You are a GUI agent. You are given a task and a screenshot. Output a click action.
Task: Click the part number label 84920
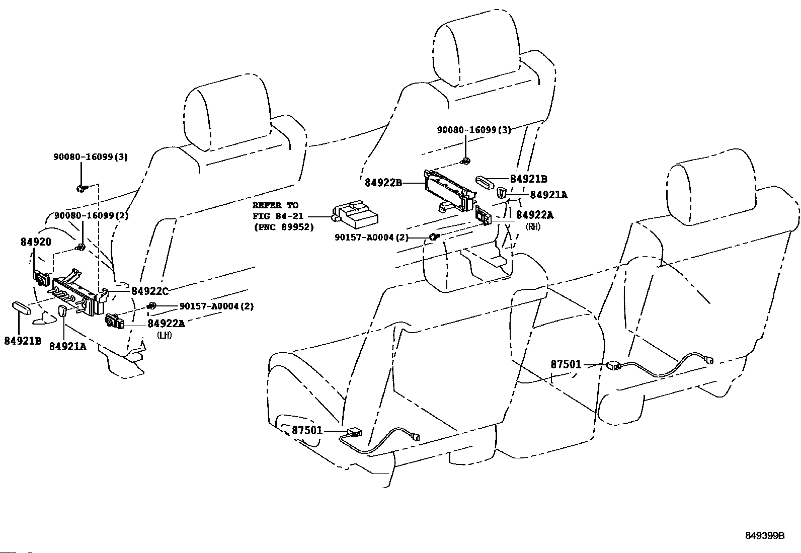pyautogui.click(x=36, y=242)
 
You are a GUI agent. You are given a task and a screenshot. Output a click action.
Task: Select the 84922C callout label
pyautogui.click(x=150, y=291)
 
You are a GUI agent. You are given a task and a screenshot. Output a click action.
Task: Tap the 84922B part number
pyautogui.click(x=383, y=183)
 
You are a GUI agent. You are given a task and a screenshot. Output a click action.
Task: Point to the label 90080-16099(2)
pyautogui.click(x=91, y=216)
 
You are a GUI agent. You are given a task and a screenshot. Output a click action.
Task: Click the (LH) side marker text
pyautogui.click(x=165, y=335)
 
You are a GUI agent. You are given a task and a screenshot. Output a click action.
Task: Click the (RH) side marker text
pyautogui.click(x=533, y=226)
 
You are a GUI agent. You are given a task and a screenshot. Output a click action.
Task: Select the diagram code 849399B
pyautogui.click(x=765, y=535)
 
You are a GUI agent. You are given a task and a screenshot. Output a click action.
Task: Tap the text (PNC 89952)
pyautogui.click(x=284, y=227)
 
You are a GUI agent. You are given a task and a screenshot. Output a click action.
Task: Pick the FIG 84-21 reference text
pyautogui.click(x=278, y=216)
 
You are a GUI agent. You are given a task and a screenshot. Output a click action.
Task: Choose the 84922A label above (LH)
pyautogui.click(x=166, y=324)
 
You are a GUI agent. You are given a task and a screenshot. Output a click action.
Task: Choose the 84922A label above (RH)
pyautogui.click(x=535, y=215)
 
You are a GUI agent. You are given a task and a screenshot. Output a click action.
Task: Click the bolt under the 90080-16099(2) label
pyautogui.click(x=81, y=247)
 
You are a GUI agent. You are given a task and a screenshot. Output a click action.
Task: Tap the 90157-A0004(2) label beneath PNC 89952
pyautogui.click(x=371, y=238)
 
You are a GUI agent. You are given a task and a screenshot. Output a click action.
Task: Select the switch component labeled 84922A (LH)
pyautogui.click(x=114, y=321)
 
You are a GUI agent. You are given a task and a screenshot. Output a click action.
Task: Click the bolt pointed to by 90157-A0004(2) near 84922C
pyautogui.click(x=151, y=305)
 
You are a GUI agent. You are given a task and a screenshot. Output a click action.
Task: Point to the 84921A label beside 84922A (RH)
pyautogui.click(x=548, y=195)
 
